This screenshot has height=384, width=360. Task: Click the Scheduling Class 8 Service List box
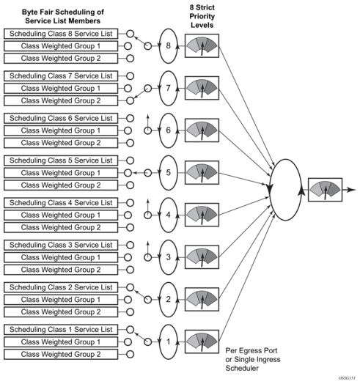[x=61, y=34]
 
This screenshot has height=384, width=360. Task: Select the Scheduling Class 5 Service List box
[x=61, y=160]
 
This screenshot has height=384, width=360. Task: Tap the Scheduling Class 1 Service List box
[x=61, y=330]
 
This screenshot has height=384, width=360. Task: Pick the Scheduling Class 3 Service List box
[x=61, y=245]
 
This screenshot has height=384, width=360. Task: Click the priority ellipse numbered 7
[x=160, y=89]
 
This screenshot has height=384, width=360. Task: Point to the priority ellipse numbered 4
[x=160, y=215]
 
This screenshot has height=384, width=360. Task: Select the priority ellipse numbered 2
[x=160, y=300]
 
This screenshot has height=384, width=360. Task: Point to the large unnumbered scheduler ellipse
[x=270, y=190]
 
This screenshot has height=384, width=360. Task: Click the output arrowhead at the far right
[x=352, y=190]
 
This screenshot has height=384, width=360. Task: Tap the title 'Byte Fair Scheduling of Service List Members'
[x=63, y=16]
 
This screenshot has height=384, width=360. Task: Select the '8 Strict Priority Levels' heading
[x=202, y=16]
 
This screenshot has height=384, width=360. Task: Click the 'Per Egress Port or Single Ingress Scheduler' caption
[x=253, y=359]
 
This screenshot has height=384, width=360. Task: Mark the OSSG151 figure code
[x=347, y=378]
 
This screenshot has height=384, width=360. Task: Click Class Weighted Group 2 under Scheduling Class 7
[x=61, y=100]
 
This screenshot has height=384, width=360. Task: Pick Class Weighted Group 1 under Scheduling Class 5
[x=61, y=173]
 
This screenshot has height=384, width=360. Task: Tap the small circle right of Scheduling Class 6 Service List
[x=130, y=118]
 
